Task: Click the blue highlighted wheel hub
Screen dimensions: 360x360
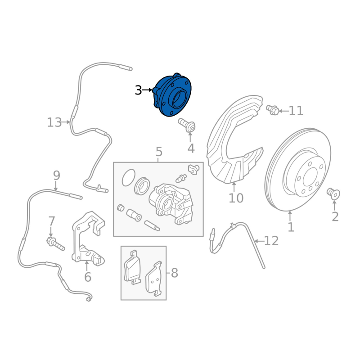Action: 172,96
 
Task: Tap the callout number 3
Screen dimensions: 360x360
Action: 138,90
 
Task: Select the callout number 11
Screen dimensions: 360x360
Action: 296,110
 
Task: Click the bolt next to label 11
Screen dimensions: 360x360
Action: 272,109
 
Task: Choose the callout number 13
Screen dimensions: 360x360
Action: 54,122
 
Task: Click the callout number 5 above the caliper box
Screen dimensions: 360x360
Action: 158,152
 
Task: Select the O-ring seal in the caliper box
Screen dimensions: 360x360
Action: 128,177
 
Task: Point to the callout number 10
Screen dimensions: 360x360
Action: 236,198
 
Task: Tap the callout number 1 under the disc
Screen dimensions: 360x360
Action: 291,227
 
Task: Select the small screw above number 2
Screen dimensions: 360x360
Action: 333,194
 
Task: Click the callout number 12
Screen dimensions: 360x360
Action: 271,241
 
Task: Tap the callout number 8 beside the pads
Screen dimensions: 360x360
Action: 174,273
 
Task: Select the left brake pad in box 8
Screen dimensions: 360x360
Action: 133,267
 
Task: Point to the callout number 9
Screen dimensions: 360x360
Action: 56,175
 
